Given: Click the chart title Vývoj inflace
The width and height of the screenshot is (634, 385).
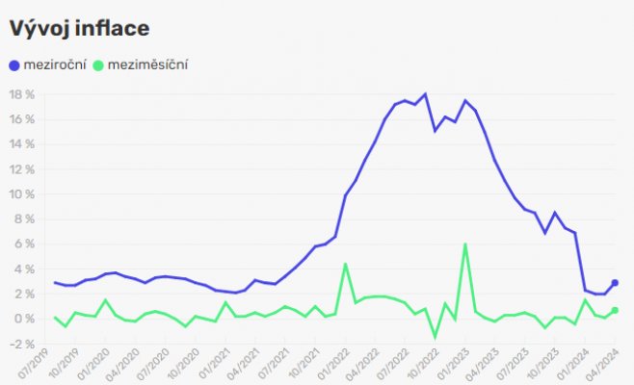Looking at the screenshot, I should pos(79,28).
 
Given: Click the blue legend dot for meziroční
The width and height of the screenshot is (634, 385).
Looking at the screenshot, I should pos(13,65).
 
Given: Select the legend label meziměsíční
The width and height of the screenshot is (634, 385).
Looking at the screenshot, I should pos(148,65).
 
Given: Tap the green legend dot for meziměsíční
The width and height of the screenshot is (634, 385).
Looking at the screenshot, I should pos(99,65).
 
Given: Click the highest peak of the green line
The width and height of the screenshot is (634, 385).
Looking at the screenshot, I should pos(465,244).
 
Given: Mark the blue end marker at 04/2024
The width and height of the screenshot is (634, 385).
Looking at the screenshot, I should pos(615,283).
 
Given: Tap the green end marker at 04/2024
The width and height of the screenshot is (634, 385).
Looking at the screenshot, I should pos(615,310).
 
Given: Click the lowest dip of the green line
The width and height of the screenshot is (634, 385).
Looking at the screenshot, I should pos(435,337).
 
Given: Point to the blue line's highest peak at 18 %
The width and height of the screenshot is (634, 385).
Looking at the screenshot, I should pos(425,94).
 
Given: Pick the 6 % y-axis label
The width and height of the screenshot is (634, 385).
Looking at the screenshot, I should pos(23,244).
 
